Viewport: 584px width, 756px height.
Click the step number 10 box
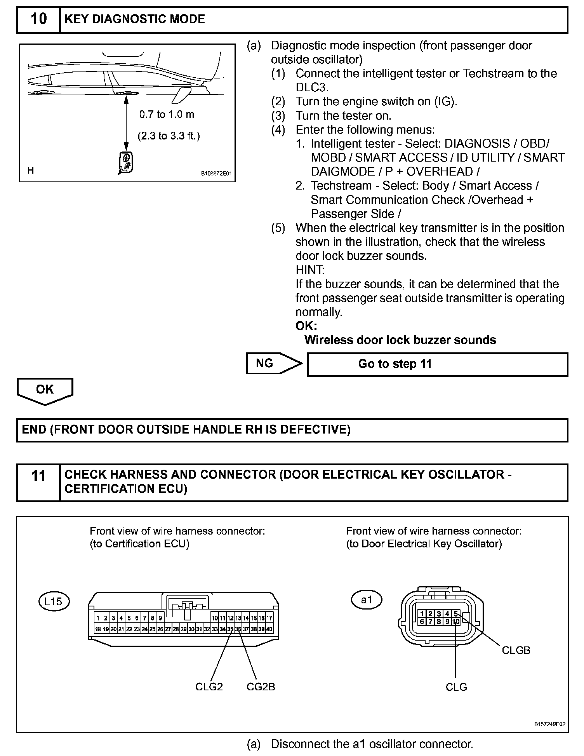click(38, 19)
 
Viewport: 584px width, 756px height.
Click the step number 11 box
click(38, 482)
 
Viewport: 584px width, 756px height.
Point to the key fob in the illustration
click(125, 162)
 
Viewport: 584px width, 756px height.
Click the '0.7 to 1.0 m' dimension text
click(167, 114)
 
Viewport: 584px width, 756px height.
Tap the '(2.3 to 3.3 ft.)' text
click(169, 136)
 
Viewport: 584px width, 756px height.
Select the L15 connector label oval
click(54, 601)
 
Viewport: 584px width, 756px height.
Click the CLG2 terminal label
click(209, 686)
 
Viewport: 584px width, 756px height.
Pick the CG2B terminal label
click(261, 686)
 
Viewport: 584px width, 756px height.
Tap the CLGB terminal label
click(516, 650)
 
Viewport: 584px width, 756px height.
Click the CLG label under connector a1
click(456, 687)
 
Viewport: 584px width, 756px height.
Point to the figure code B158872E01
click(216, 174)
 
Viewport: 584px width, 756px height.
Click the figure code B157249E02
click(549, 724)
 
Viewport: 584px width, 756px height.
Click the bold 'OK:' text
click(306, 326)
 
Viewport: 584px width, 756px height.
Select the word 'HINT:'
click(309, 270)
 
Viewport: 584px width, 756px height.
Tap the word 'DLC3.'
click(312, 87)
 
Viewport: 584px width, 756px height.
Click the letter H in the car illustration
click(31, 170)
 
